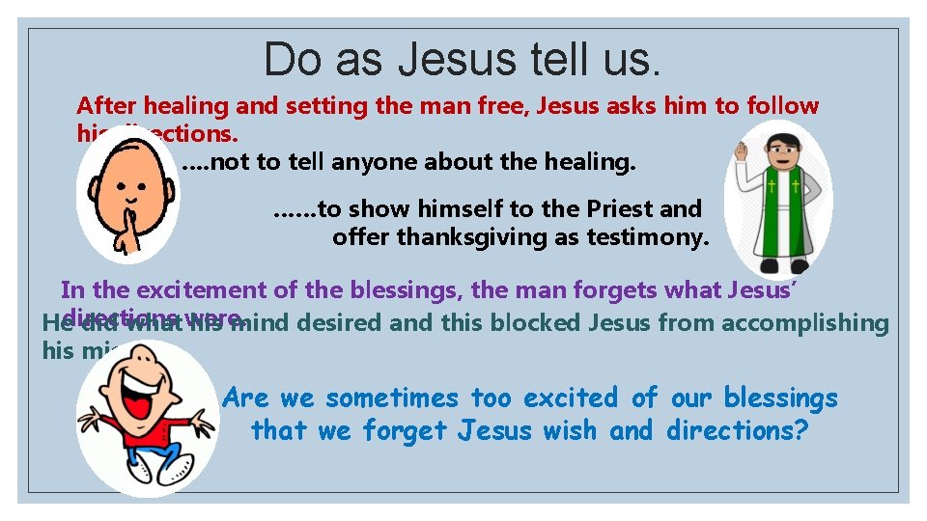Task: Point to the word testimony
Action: pos(651,236)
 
